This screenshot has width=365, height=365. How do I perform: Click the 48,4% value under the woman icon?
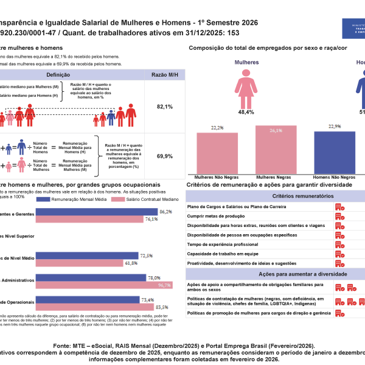point(246,113)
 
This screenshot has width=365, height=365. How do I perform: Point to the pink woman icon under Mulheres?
point(246,85)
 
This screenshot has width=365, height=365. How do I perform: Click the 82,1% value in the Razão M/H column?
point(165,106)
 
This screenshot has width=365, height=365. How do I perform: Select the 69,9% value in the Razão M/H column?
point(165,156)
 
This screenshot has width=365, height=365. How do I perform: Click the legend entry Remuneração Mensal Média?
point(79,199)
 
